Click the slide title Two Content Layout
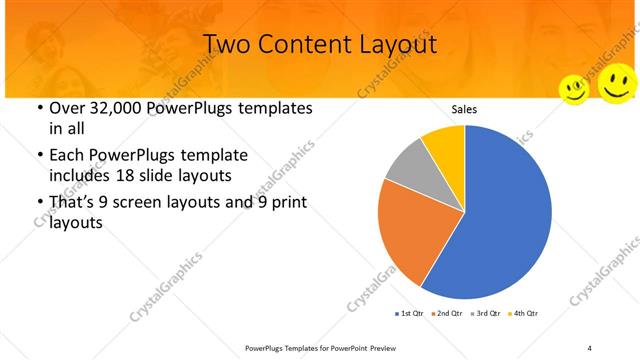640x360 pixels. point(319,44)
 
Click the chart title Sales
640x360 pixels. point(464,109)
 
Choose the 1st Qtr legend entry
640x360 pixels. point(409,314)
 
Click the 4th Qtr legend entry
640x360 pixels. point(524,314)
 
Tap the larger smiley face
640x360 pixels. point(617,82)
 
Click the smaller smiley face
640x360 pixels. point(574,89)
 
